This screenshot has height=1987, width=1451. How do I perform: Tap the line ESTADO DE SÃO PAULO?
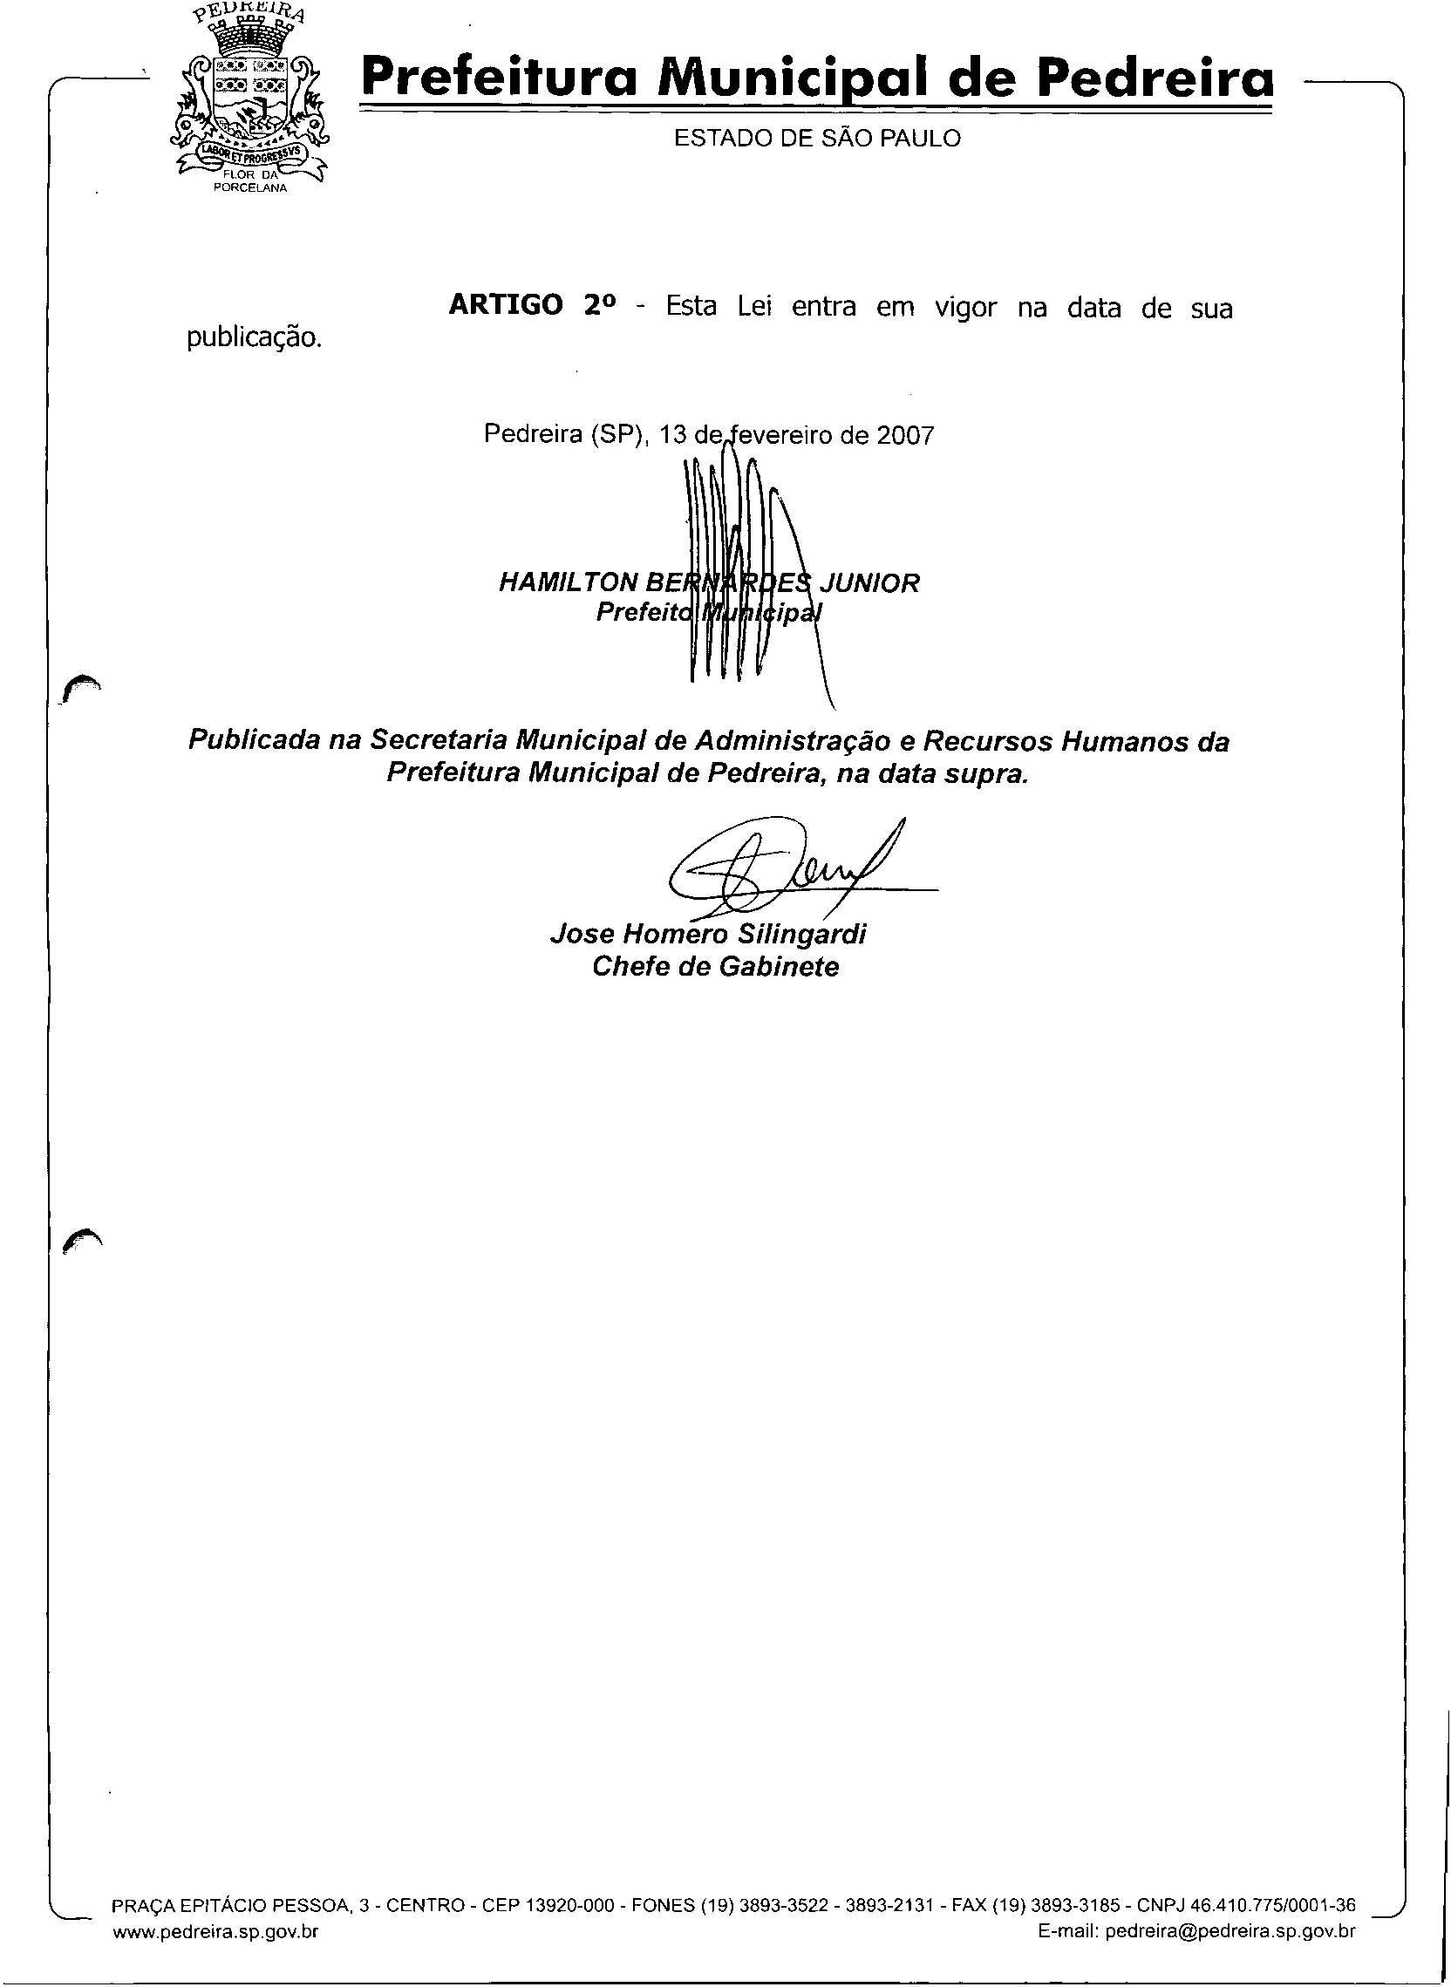pos(817,139)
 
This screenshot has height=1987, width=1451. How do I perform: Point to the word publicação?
pos(254,338)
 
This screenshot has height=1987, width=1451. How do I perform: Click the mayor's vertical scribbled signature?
pos(738,571)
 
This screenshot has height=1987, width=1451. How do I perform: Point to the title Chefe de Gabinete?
pos(715,967)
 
